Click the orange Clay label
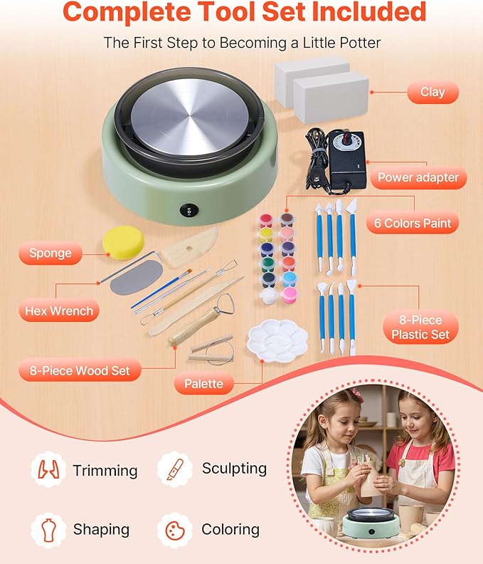(432, 93)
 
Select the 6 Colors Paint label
(413, 223)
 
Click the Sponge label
(51, 253)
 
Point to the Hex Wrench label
(59, 311)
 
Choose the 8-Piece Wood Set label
(79, 370)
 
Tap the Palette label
(203, 384)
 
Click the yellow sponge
(123, 242)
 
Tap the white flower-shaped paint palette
(277, 340)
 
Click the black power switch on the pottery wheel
(186, 210)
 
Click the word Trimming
(105, 471)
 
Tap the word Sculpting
(234, 468)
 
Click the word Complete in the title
(126, 12)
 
